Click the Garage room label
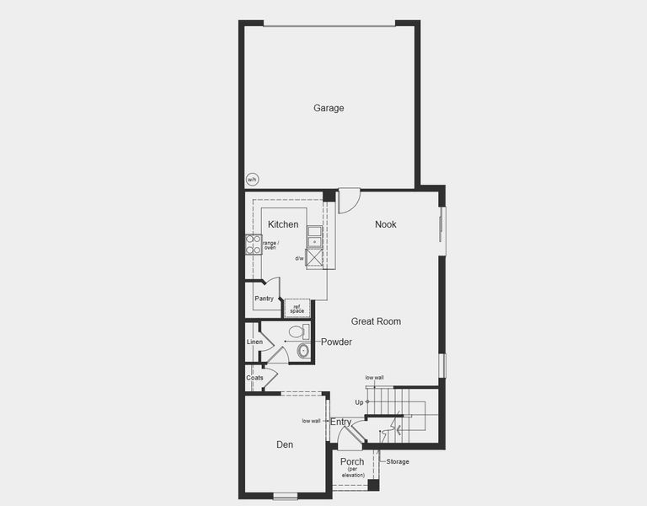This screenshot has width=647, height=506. pyautogui.click(x=329, y=108)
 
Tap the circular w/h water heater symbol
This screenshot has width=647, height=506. pyautogui.click(x=252, y=180)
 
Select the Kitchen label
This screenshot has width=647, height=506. pyautogui.click(x=283, y=224)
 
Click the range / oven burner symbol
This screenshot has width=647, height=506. pyautogui.click(x=252, y=245)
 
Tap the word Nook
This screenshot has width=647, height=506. pyautogui.click(x=386, y=224)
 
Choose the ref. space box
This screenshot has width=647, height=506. pyautogui.click(x=297, y=309)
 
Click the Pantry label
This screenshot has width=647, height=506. pyautogui.click(x=264, y=299)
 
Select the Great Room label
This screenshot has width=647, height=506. pyautogui.click(x=376, y=321)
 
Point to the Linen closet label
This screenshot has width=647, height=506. pyautogui.click(x=254, y=342)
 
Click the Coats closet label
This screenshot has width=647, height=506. pyautogui.click(x=254, y=378)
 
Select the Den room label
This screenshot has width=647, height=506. pyautogui.click(x=285, y=444)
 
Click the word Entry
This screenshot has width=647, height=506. pyautogui.click(x=341, y=422)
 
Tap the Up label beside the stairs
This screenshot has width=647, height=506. pyautogui.click(x=359, y=402)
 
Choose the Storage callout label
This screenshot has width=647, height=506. pyautogui.click(x=398, y=461)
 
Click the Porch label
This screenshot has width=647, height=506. pyautogui.click(x=352, y=462)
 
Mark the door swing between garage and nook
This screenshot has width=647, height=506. pyautogui.click(x=348, y=201)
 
